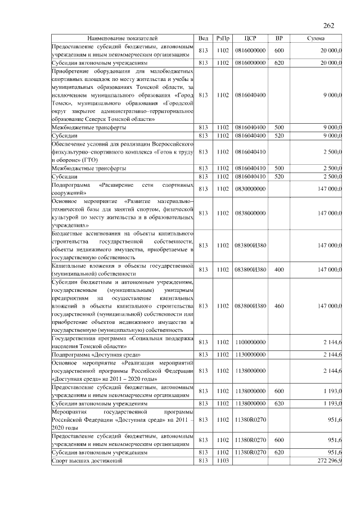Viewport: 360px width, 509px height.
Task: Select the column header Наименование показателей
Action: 123,38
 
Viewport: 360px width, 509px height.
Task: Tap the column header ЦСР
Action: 251,38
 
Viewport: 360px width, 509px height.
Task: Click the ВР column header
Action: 279,38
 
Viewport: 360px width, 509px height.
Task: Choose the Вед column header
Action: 204,38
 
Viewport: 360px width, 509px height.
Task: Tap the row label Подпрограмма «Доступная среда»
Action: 96,355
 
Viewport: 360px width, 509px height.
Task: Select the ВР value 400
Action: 279,269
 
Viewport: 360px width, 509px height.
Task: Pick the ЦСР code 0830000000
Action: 251,188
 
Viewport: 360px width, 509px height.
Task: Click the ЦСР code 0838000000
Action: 251,213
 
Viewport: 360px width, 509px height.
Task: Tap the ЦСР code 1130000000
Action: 251,355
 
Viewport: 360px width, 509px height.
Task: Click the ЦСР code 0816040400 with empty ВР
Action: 251,95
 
